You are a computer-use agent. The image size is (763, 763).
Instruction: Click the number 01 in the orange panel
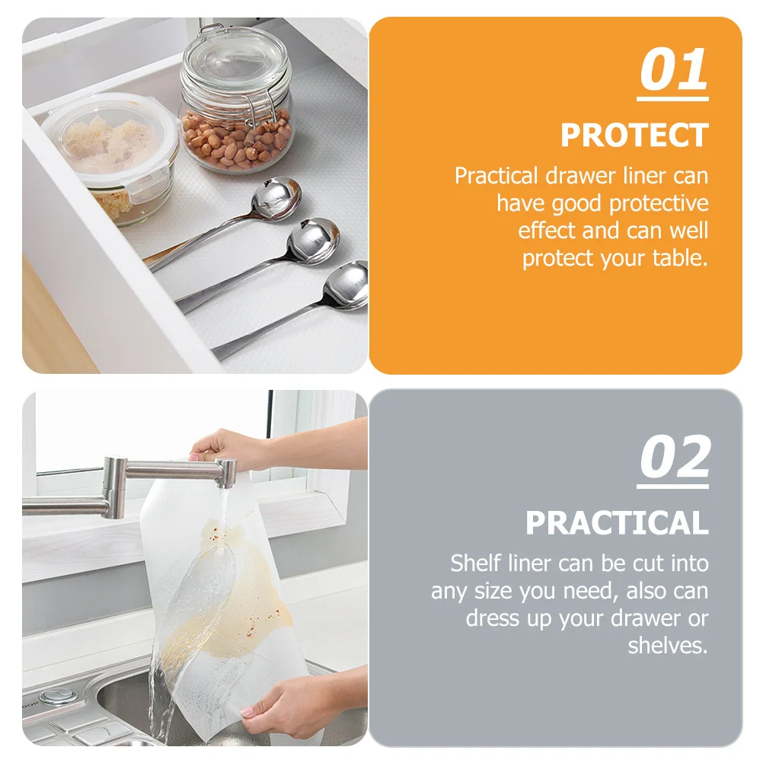pyautogui.click(x=673, y=71)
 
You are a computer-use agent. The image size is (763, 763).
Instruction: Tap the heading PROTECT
pyautogui.click(x=634, y=136)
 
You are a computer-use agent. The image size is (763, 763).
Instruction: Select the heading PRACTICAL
pyautogui.click(x=616, y=523)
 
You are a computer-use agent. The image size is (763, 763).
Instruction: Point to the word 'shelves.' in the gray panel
pyautogui.click(x=668, y=646)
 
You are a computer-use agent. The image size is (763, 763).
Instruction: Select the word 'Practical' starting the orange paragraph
pyautogui.click(x=496, y=176)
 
